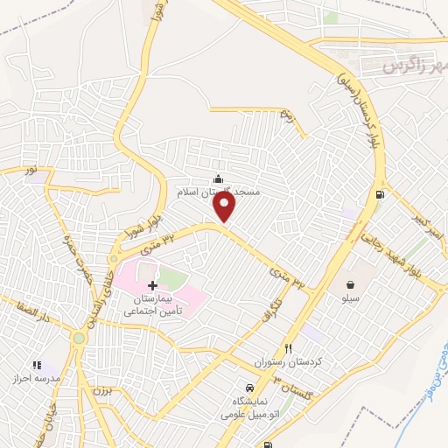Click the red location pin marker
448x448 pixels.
(x=226, y=206)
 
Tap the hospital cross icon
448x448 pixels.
(x=153, y=285)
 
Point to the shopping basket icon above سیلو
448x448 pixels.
(x=350, y=284)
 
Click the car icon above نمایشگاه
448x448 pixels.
(x=248, y=388)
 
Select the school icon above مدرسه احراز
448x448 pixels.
(x=36, y=365)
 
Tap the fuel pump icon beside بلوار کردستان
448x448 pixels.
(x=378, y=195)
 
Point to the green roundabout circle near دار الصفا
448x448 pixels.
(x=79, y=338)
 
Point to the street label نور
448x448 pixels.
(x=31, y=171)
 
